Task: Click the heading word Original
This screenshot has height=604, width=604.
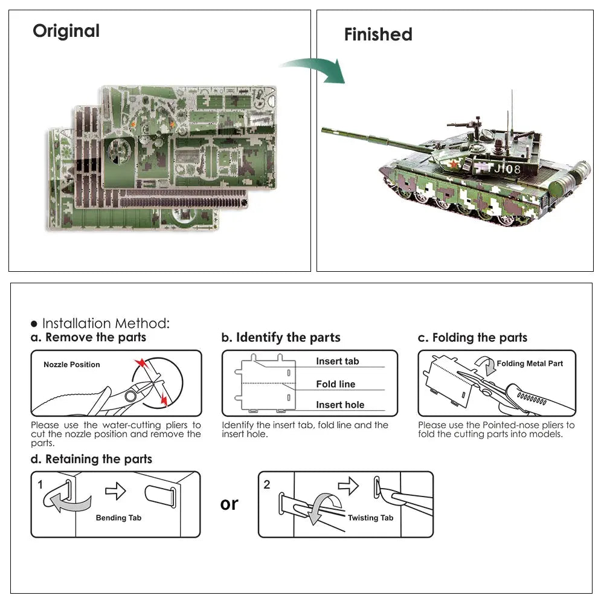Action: pos(66,31)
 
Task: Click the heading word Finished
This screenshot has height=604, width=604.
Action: pos(378,34)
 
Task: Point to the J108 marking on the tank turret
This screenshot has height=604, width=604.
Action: pos(506,169)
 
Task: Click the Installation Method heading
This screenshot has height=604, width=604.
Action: pos(100,323)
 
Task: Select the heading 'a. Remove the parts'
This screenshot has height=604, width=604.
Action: pos(88,338)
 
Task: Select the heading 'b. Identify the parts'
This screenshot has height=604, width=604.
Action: pos(281,338)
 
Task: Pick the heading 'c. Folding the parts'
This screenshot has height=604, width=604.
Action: pos(472,338)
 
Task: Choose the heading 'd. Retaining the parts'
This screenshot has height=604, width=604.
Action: pos(91,459)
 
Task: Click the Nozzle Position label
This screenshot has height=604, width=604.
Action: pos(72,365)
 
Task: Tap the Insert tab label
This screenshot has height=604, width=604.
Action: pos(337,361)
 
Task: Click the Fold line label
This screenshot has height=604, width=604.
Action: pos(335,384)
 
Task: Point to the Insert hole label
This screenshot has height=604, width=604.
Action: pos(340,405)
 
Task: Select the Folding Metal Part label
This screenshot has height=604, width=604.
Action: pos(530,364)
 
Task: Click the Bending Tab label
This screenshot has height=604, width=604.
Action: pos(118,518)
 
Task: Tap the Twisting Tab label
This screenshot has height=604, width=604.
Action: pos(370,518)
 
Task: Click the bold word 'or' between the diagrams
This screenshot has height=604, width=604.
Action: pos(230,504)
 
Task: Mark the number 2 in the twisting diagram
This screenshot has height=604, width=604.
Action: pos(268,484)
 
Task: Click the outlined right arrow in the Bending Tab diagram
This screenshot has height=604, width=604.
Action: pos(115,491)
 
